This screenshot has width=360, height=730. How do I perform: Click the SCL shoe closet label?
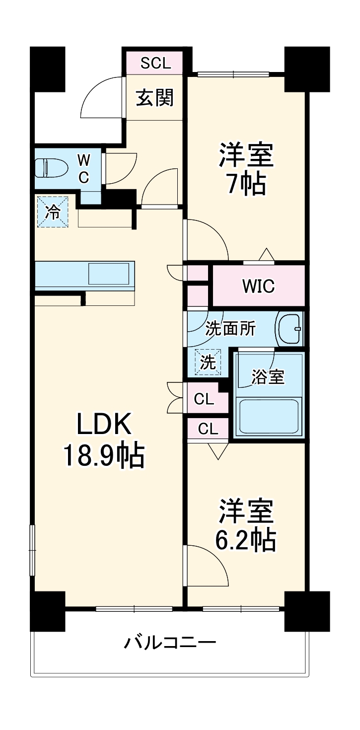[x=155, y=63]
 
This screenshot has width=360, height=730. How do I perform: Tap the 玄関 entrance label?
[x=155, y=98]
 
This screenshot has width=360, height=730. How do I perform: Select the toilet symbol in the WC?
[x=51, y=168]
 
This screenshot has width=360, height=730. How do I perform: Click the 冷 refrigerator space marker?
[x=52, y=212]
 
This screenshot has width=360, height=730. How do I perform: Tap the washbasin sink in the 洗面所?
[x=289, y=328]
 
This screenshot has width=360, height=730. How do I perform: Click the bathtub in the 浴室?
[x=268, y=415]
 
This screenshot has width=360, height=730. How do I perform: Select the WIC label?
[x=258, y=286]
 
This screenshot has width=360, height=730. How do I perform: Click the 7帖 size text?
[x=246, y=184]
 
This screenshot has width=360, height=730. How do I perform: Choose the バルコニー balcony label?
[x=170, y=644]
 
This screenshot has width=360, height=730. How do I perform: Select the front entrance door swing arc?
[x=99, y=97]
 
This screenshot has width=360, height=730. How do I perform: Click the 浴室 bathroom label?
[x=268, y=377]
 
